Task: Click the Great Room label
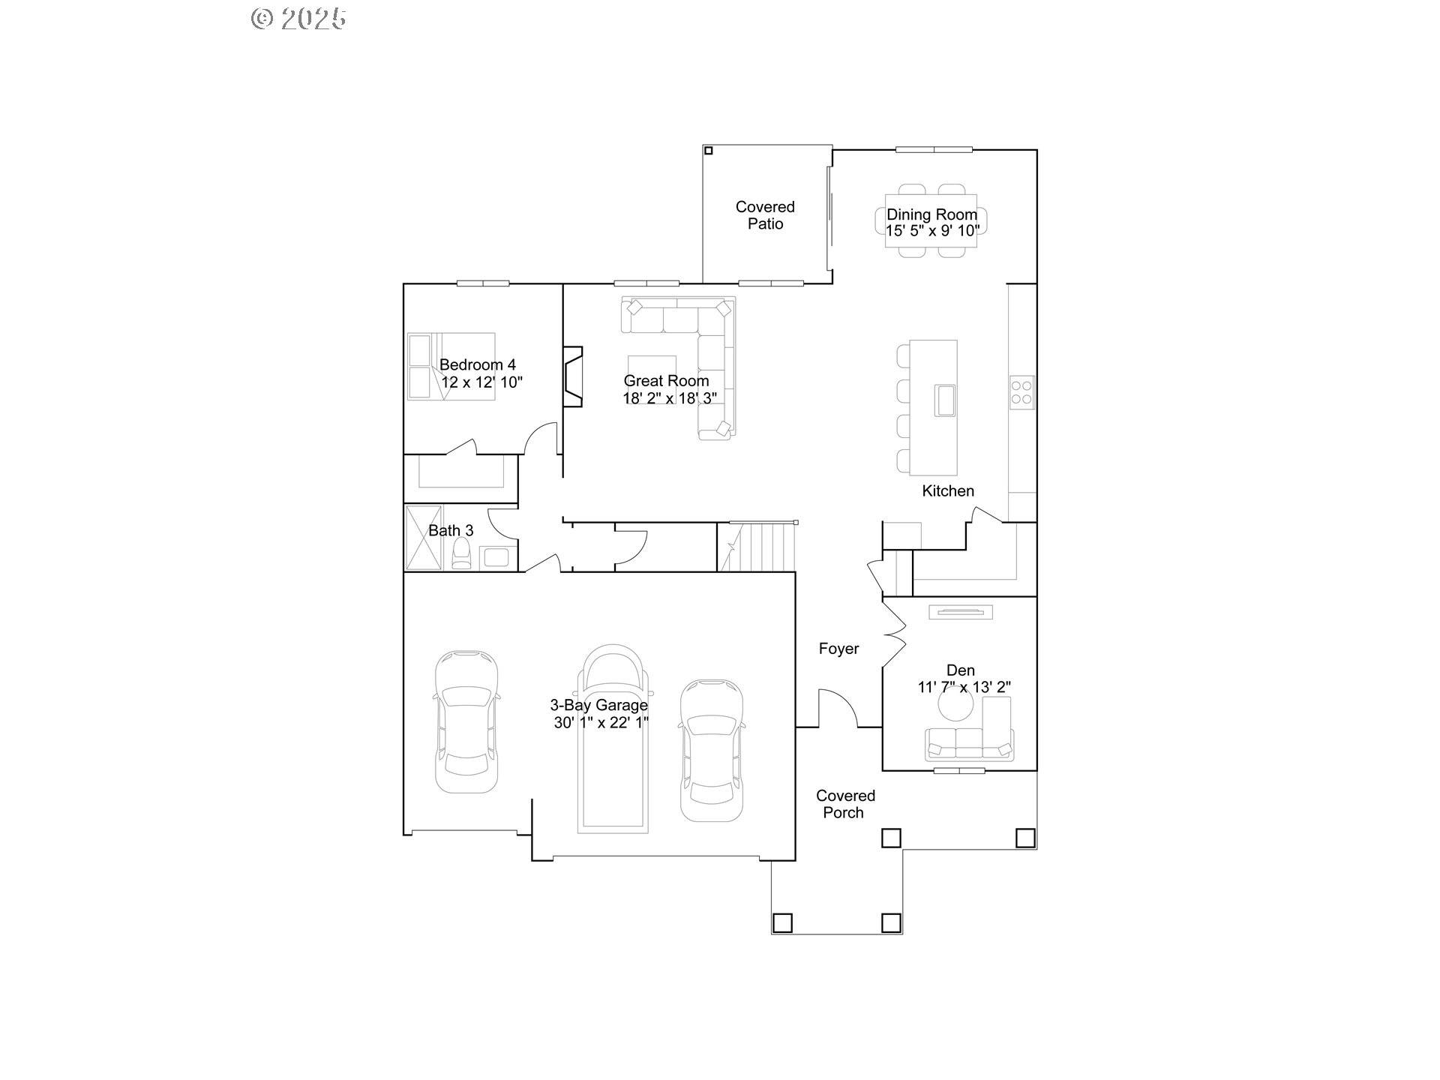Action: coord(666,381)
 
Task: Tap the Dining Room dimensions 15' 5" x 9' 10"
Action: coord(932,231)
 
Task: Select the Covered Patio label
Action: coord(765,215)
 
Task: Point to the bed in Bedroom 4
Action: coord(451,366)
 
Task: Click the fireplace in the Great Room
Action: coord(572,376)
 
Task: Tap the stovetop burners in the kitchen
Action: coord(1021,392)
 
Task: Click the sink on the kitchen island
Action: coord(945,400)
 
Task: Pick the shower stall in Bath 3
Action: coord(424,538)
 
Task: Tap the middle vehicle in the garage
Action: coord(613,739)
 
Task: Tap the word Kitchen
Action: coord(948,491)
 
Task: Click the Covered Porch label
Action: coord(845,804)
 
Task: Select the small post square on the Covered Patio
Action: coord(708,151)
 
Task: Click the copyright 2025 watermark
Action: coord(298,19)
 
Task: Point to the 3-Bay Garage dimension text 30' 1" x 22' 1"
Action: coord(601,723)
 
